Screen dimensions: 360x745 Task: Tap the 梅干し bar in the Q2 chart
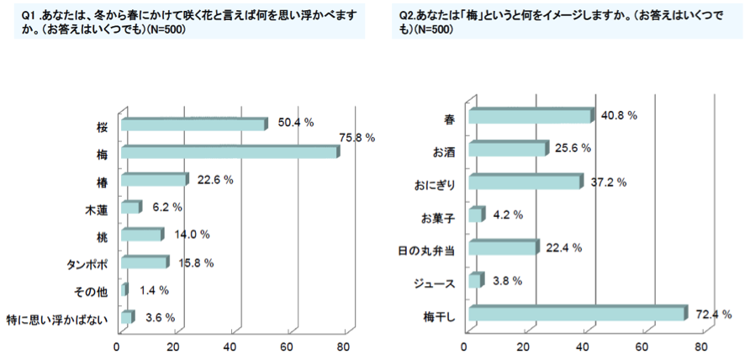577,315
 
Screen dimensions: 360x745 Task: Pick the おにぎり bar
525,183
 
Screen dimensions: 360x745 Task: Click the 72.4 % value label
711,314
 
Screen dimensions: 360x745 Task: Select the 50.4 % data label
295,123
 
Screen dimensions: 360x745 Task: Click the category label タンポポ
87,263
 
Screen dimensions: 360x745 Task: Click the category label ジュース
436,282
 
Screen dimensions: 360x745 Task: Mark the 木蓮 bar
130,208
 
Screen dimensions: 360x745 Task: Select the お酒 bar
508,150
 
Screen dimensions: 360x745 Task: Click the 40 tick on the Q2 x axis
584,346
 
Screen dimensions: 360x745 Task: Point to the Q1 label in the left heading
28,16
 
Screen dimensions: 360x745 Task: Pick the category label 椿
101,181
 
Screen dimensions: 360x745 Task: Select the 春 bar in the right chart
530,117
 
